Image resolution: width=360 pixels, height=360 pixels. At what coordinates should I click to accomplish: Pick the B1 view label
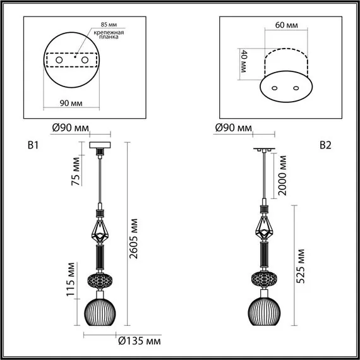[x=33, y=146]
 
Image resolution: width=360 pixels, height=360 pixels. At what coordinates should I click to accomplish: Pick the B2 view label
[x=326, y=145]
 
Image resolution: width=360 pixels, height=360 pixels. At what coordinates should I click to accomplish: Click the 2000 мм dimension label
[x=284, y=176]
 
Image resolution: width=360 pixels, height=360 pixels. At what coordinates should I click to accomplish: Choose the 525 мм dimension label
[x=301, y=265]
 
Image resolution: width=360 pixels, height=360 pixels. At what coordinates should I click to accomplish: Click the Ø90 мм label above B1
[x=69, y=128]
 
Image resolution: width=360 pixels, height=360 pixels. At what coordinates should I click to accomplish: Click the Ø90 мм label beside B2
[x=234, y=128]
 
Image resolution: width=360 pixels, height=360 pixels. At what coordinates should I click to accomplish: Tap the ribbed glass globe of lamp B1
[x=100, y=312]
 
